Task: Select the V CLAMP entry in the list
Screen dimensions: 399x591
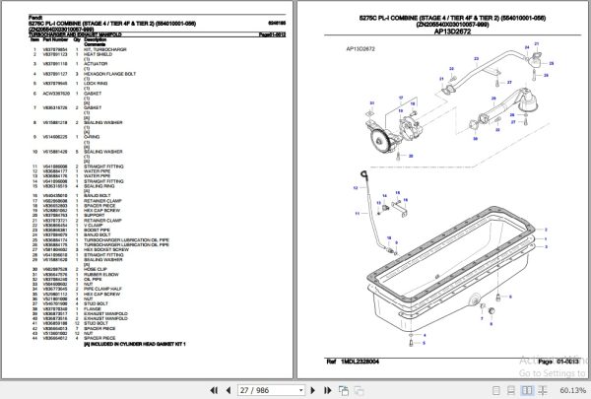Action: click(x=94, y=228)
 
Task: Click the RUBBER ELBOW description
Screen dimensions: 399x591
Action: click(x=100, y=272)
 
